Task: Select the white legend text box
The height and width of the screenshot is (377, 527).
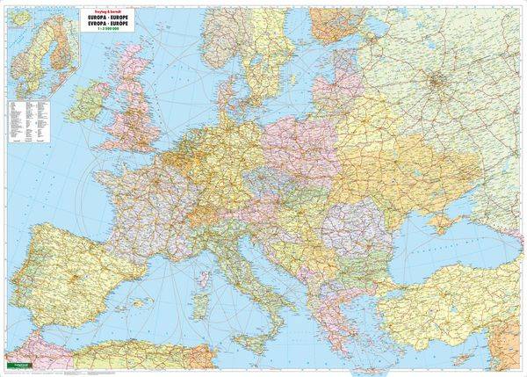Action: (32, 119)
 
